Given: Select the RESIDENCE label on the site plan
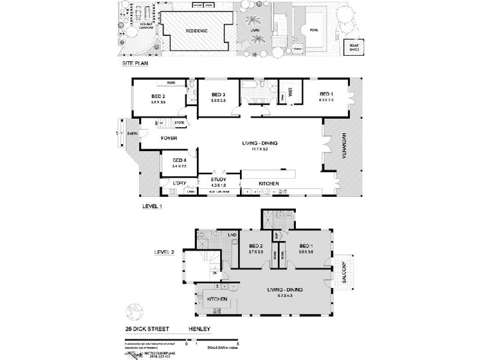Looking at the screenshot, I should [197, 31].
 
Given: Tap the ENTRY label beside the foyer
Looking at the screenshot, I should [131, 134].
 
